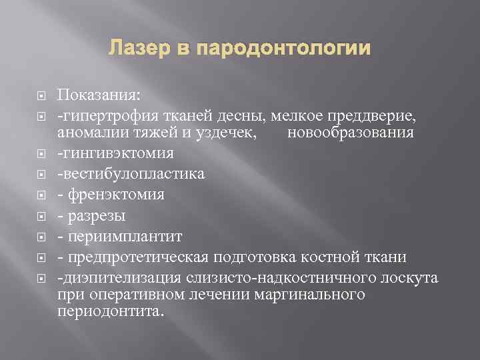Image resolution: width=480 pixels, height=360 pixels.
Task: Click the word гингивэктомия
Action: (x=117, y=154)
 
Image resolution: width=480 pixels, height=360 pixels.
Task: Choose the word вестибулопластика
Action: (x=133, y=174)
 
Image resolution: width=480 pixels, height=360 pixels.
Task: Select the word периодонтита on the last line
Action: (x=108, y=311)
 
